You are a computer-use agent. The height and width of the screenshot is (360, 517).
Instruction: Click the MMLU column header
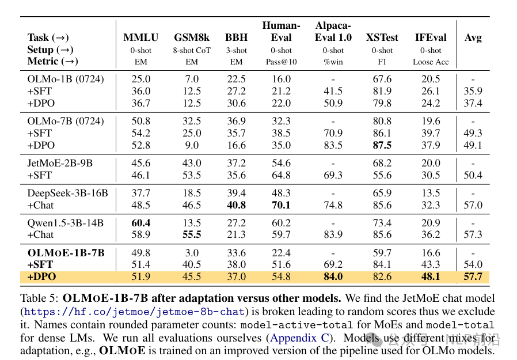(x=140, y=38)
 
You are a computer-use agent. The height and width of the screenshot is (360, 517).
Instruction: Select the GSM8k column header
(x=192, y=38)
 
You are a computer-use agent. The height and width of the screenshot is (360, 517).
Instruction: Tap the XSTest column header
(x=382, y=38)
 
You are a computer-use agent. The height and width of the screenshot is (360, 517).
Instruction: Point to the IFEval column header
(x=431, y=38)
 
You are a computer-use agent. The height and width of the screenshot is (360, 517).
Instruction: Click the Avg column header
(x=473, y=38)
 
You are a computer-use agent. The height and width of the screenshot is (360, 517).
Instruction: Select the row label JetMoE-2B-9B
(x=61, y=164)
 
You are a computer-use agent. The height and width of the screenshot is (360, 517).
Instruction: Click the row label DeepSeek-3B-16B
(x=67, y=193)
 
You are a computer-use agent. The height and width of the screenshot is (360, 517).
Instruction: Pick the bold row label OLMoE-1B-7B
(x=66, y=253)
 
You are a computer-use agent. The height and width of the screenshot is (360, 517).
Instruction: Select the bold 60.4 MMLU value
(x=141, y=223)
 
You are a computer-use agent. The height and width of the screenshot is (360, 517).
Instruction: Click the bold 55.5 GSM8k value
(x=192, y=235)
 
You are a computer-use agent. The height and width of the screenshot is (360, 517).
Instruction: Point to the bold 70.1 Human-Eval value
(x=281, y=205)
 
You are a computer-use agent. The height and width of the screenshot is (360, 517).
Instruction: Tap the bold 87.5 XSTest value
(x=382, y=145)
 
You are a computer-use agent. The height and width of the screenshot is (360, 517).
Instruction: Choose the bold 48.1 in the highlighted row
(x=431, y=277)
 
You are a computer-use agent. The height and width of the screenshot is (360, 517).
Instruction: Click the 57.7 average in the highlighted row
(x=473, y=277)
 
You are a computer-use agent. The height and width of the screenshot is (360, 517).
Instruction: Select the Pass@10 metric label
(x=281, y=62)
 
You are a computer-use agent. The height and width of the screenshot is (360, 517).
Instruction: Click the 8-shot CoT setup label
(x=192, y=50)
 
